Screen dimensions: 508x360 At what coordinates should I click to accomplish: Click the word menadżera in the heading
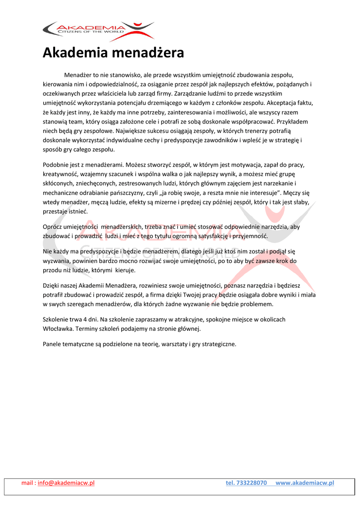click(x=148, y=52)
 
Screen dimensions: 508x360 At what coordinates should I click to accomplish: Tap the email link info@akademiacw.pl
click(x=66, y=483)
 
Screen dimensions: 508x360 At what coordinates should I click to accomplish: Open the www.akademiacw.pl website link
click(x=304, y=483)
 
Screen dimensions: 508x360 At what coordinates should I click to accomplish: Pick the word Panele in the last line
click(x=53, y=344)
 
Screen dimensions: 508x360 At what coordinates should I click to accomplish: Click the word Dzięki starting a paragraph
click(x=52, y=285)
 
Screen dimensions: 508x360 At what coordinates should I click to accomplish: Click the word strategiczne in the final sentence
click(x=217, y=344)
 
